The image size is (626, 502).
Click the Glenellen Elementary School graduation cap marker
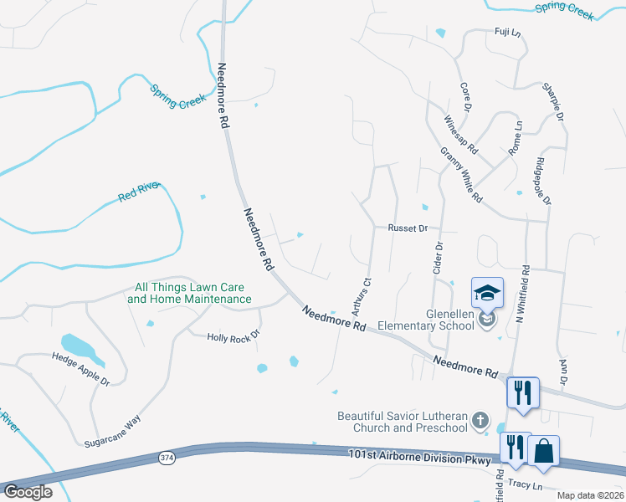pyautogui.click(x=487, y=293)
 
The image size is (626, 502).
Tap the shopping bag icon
pyautogui.click(x=543, y=451)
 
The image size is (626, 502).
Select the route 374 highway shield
pyautogui.click(x=167, y=457)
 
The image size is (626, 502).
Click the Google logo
pyautogui.click(x=28, y=492)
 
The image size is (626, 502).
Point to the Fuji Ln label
pyautogui.click(x=505, y=33)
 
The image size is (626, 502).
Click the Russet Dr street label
pyautogui.click(x=408, y=228)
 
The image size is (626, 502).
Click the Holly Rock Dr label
pyautogui.click(x=233, y=336)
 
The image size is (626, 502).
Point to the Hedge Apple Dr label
pyautogui.click(x=80, y=368)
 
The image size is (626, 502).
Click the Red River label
pyautogui.click(x=138, y=195)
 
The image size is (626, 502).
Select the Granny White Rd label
pyautogui.click(x=461, y=177)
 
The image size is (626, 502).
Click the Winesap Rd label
pyautogui.click(x=460, y=135)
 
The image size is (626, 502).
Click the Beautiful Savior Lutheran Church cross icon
pyautogui.click(x=480, y=420)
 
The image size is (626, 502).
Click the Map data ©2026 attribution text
pyautogui.click(x=591, y=494)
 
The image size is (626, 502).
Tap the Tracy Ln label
pyautogui.click(x=525, y=485)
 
